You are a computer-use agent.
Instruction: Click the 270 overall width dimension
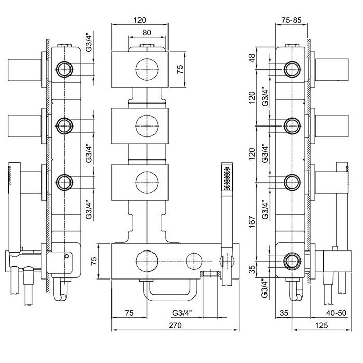(x=175, y=325)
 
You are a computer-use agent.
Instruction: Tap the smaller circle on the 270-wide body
(x=195, y=258)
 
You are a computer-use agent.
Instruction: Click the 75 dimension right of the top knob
(x=180, y=71)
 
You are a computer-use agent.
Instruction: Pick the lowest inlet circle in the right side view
(x=292, y=259)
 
